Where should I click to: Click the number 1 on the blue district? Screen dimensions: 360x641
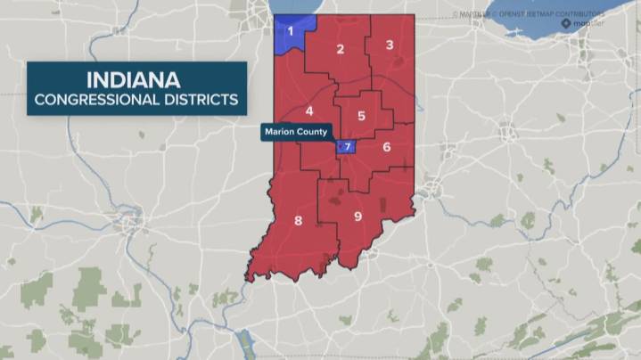pyautogui.click(x=289, y=32)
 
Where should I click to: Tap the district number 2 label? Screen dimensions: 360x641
pyautogui.click(x=340, y=49)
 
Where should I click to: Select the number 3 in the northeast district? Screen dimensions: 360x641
pyautogui.click(x=390, y=45)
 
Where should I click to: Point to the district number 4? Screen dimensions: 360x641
pyautogui.click(x=309, y=110)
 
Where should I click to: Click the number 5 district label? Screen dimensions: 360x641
pyautogui.click(x=361, y=116)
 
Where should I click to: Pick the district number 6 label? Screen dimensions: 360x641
pyautogui.click(x=386, y=146)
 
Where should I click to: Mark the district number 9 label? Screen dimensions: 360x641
pyautogui.click(x=357, y=216)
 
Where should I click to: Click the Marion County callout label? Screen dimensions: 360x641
pyautogui.click(x=296, y=133)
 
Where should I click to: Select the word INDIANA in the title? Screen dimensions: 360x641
pyautogui.click(x=136, y=78)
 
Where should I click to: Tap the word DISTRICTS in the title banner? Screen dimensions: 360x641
pyautogui.click(x=200, y=99)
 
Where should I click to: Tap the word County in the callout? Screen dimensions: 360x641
pyautogui.click(x=313, y=133)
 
